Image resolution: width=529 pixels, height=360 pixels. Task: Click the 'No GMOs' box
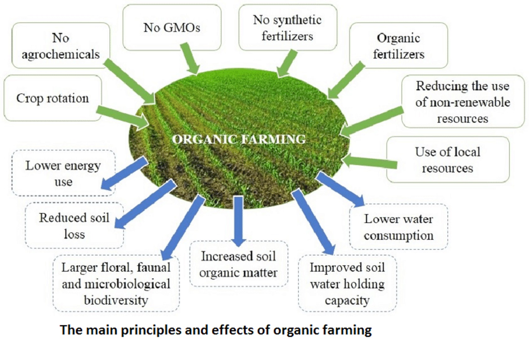click(x=172, y=27)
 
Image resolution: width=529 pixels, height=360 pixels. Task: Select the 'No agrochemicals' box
click(x=61, y=45)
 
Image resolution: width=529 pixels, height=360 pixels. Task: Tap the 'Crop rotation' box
click(x=53, y=98)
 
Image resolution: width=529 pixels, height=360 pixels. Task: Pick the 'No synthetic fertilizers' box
click(x=288, y=27)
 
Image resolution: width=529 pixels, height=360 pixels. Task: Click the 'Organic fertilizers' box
click(x=398, y=45)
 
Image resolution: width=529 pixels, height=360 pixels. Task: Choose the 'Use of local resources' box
click(x=448, y=159)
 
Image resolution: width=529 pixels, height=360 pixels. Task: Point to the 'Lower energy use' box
click(x=63, y=173)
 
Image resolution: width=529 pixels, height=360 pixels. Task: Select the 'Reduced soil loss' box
click(x=74, y=225)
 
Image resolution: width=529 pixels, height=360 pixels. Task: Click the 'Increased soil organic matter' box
click(x=239, y=264)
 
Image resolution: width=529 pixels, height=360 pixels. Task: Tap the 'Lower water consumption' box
click(x=398, y=227)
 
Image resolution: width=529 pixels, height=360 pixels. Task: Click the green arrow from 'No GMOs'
click(x=190, y=58)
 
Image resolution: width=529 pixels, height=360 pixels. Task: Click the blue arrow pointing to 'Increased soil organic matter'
click(x=238, y=221)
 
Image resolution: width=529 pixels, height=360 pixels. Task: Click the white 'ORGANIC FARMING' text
click(x=239, y=139)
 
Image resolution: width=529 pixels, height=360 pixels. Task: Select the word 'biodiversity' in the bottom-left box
click(x=116, y=301)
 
